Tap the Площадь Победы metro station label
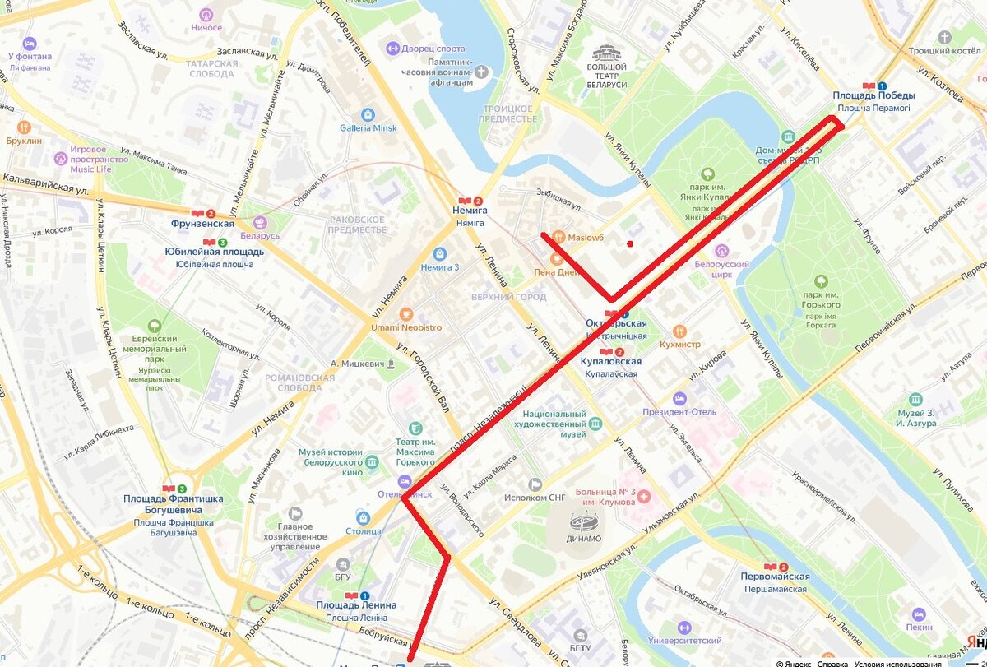tap(873, 95)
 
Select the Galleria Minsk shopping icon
tap(368, 114)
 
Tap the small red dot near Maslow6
tap(630, 243)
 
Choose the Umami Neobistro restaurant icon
tap(405, 314)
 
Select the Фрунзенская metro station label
tap(202, 224)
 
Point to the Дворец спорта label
tap(433, 49)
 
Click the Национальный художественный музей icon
tap(595, 424)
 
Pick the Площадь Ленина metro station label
tap(356, 605)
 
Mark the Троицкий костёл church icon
tap(944, 37)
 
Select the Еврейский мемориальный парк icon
tap(155, 326)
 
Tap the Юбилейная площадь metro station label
tap(214, 252)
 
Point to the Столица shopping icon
tap(363, 517)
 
